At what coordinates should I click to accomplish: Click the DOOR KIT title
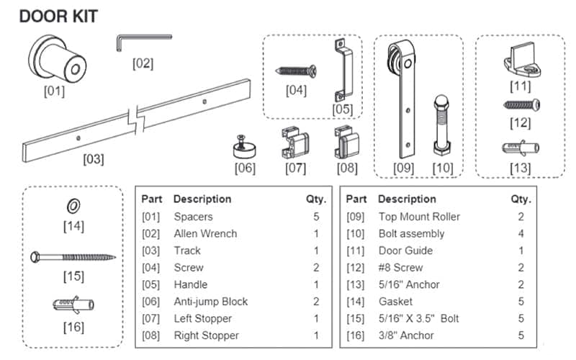pos(58,16)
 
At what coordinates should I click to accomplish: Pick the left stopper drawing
pos(294,143)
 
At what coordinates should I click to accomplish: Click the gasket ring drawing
pos(73,207)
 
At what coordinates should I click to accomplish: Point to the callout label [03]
pos(94,159)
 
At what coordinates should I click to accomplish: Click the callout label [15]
pos(73,276)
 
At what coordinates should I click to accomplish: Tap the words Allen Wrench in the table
pos(205,233)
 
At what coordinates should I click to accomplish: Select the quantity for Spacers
pos(316,216)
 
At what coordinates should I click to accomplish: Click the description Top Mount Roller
pos(419,216)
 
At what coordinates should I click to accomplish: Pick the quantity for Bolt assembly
pos(521,233)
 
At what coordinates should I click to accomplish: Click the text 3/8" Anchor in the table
pos(406,336)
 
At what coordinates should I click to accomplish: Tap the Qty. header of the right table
pos(521,199)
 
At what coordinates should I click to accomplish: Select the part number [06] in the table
pos(153,302)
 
